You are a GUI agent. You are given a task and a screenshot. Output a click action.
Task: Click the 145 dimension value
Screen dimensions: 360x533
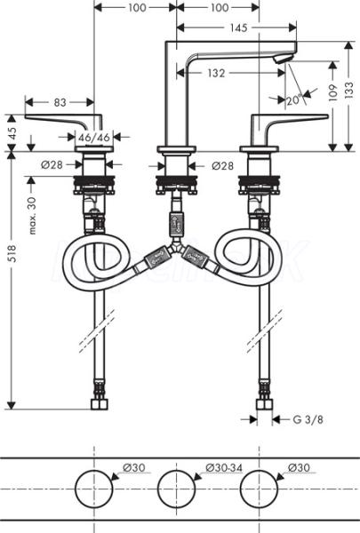(238, 28)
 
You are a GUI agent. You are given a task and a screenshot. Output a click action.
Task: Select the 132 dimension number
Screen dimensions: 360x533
(216, 73)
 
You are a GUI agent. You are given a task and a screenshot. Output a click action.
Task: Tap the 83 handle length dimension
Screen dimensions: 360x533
(60, 102)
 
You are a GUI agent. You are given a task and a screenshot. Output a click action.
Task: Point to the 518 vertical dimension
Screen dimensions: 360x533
(12, 253)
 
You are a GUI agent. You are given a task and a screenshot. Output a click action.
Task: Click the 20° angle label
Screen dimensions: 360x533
(294, 99)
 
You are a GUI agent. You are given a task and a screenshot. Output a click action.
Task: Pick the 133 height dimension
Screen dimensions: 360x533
(348, 91)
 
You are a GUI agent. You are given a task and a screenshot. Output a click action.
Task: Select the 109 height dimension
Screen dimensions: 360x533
(332, 92)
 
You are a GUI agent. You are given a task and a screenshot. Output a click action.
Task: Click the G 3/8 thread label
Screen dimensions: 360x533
(308, 419)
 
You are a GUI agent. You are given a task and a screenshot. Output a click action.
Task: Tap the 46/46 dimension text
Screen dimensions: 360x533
(94, 137)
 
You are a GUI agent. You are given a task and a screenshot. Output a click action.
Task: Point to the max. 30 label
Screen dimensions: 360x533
(32, 216)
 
